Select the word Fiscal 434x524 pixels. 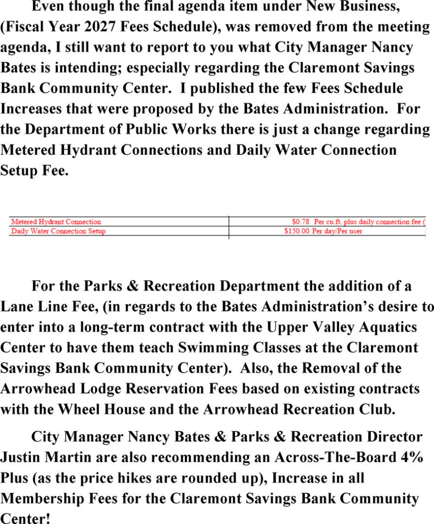click(25, 27)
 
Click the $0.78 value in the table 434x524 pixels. click(300, 222)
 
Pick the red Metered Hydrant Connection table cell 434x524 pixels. click(56, 222)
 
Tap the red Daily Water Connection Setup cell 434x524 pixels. click(58, 231)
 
